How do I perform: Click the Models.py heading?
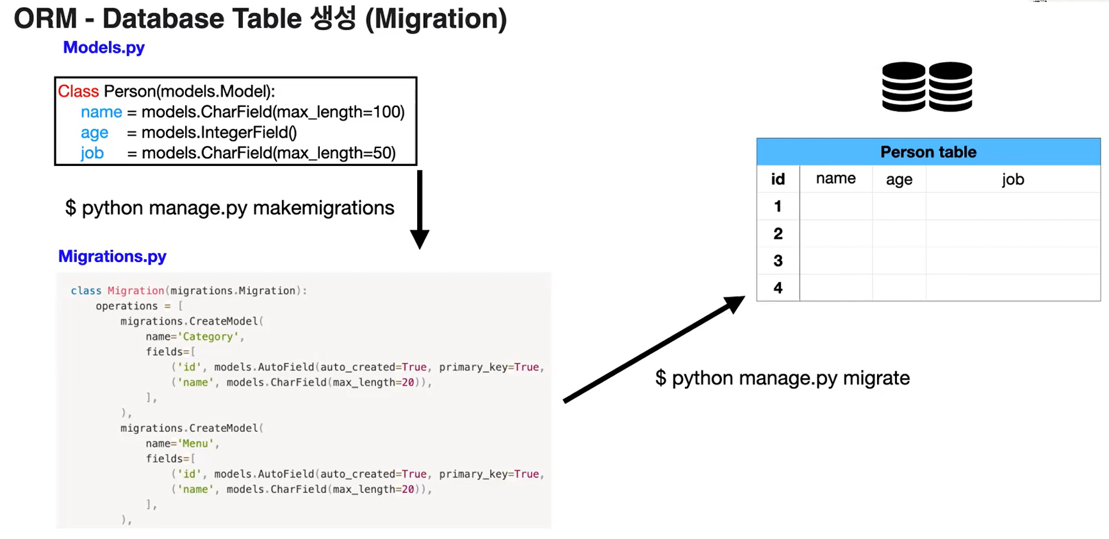pos(104,47)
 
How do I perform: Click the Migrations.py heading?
pos(112,256)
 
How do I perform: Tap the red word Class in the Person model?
pos(78,92)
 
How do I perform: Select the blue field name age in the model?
pos(94,133)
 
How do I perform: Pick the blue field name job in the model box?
pos(92,153)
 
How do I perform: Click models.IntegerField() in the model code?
pos(219,133)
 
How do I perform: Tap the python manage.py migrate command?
pos(782,378)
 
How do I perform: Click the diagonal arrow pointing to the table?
pos(653,349)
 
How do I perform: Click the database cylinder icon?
pos(927,87)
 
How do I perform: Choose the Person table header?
pos(928,152)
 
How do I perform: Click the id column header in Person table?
pos(778,179)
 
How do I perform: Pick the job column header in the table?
pos(1013,179)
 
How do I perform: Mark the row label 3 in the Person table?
pos(778,261)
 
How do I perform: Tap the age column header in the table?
pos(899,179)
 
